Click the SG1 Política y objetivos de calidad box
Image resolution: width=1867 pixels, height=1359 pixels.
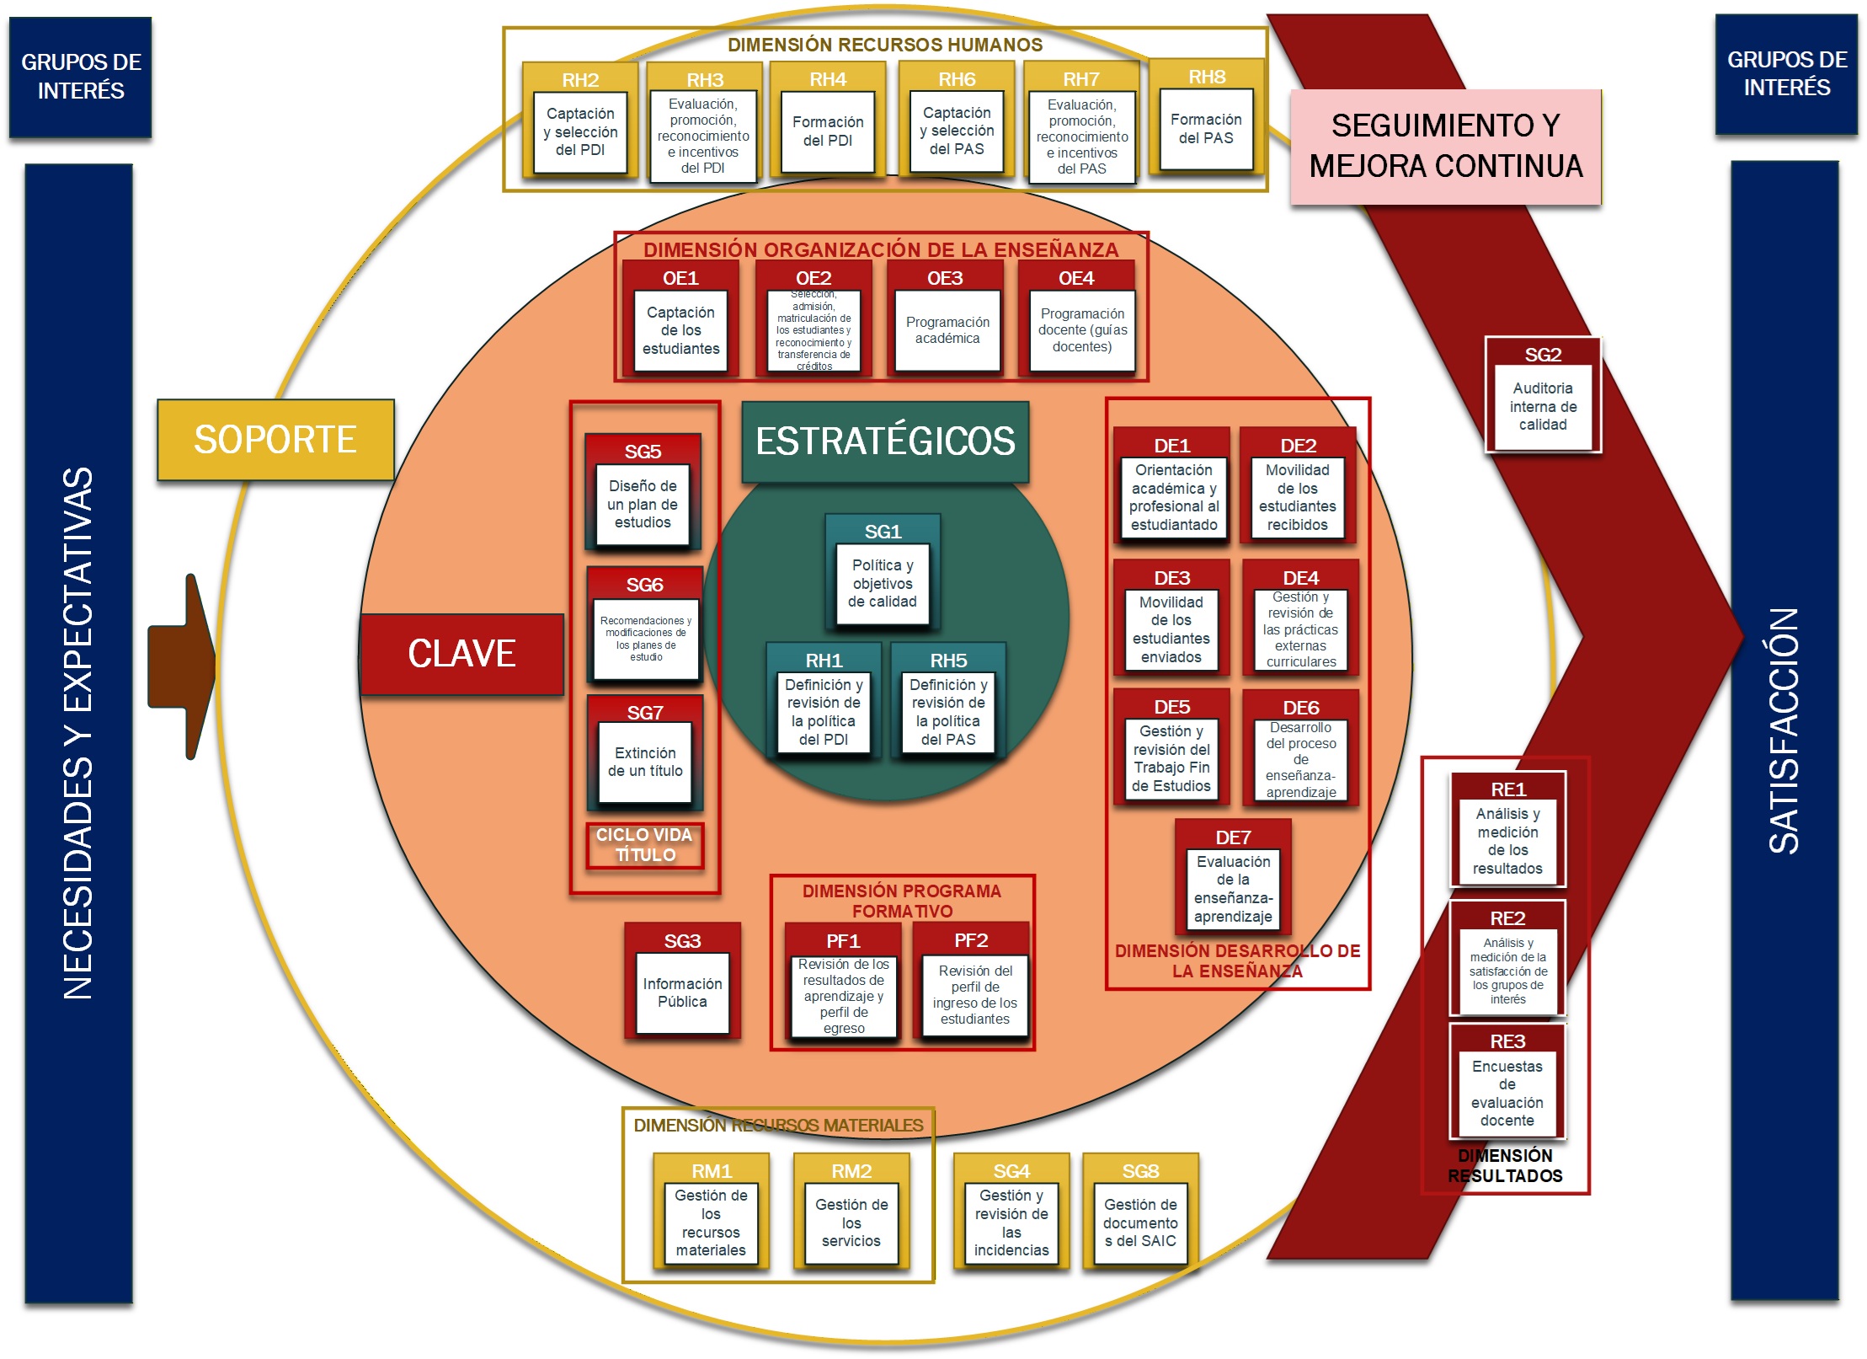pyautogui.click(x=883, y=574)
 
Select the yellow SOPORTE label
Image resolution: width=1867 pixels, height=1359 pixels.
pyautogui.click(x=275, y=440)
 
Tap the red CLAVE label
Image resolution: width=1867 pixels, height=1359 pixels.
pyautogui.click(x=461, y=654)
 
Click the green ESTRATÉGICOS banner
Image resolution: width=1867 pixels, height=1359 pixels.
pyautogui.click(x=885, y=441)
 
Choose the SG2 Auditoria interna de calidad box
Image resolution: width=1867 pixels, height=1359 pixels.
pyautogui.click(x=1543, y=395)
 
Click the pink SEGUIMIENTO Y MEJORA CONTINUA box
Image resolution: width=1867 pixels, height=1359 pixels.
pyautogui.click(x=1446, y=147)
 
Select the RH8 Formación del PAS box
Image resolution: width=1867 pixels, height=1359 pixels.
pyautogui.click(x=1206, y=117)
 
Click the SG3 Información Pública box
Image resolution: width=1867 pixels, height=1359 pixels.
pyautogui.click(x=682, y=981)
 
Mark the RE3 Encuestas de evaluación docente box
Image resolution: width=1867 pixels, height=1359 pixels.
pyautogui.click(x=1507, y=1082)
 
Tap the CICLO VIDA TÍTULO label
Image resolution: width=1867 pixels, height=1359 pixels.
pyautogui.click(x=644, y=845)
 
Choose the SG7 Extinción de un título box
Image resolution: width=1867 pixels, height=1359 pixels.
pyautogui.click(x=645, y=752)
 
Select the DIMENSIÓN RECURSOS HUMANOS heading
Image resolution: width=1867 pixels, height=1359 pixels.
pyautogui.click(x=885, y=45)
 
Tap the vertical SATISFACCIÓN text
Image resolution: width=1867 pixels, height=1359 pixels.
pyautogui.click(x=1784, y=731)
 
